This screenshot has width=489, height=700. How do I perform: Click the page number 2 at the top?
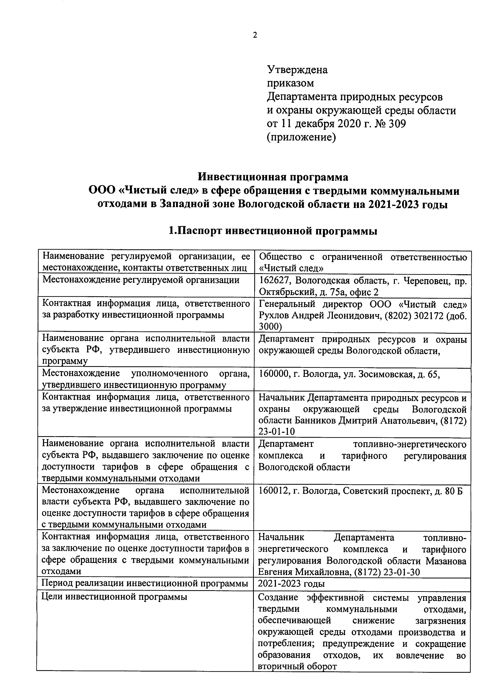pos(255,35)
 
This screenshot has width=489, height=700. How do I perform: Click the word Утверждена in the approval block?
pos(297,70)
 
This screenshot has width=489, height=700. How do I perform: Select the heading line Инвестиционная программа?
pos(273,177)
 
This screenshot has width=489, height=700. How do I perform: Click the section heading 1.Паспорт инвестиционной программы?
pos(273,231)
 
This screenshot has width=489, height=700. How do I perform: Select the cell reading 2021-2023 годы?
pos(291,584)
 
